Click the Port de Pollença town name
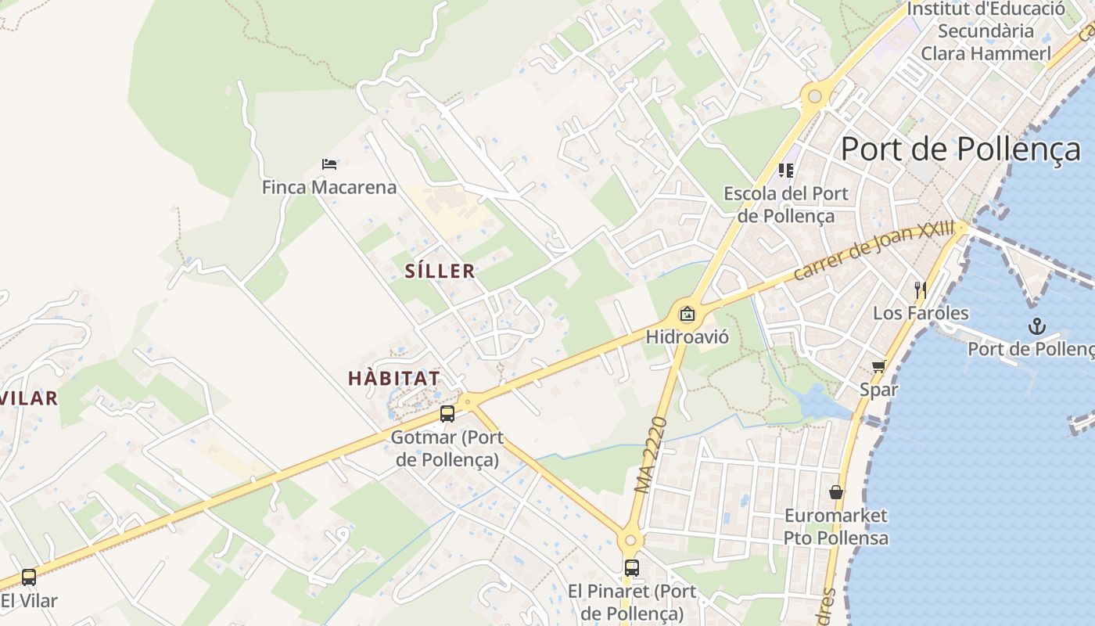pyautogui.click(x=960, y=149)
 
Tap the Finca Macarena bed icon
pyautogui.click(x=329, y=164)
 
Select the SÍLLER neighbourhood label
pyautogui.click(x=440, y=272)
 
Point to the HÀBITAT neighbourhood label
pyautogui.click(x=393, y=378)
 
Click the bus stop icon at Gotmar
pyautogui.click(x=447, y=414)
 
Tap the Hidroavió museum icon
pyautogui.click(x=688, y=315)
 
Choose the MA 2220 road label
pyautogui.click(x=652, y=455)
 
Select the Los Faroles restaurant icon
pyautogui.click(x=921, y=290)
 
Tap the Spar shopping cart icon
pyautogui.click(x=879, y=367)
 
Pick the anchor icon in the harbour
pyautogui.click(x=1037, y=326)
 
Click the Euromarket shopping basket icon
pyautogui.click(x=836, y=492)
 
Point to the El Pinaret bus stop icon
pyautogui.click(x=631, y=568)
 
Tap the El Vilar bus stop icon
pyautogui.click(x=29, y=577)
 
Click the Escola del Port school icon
pyautogui.click(x=786, y=170)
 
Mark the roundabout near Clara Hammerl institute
pyautogui.click(x=815, y=96)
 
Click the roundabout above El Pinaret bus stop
pyautogui.click(x=630, y=539)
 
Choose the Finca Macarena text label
pyautogui.click(x=329, y=188)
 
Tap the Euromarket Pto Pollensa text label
pyautogui.click(x=836, y=527)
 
